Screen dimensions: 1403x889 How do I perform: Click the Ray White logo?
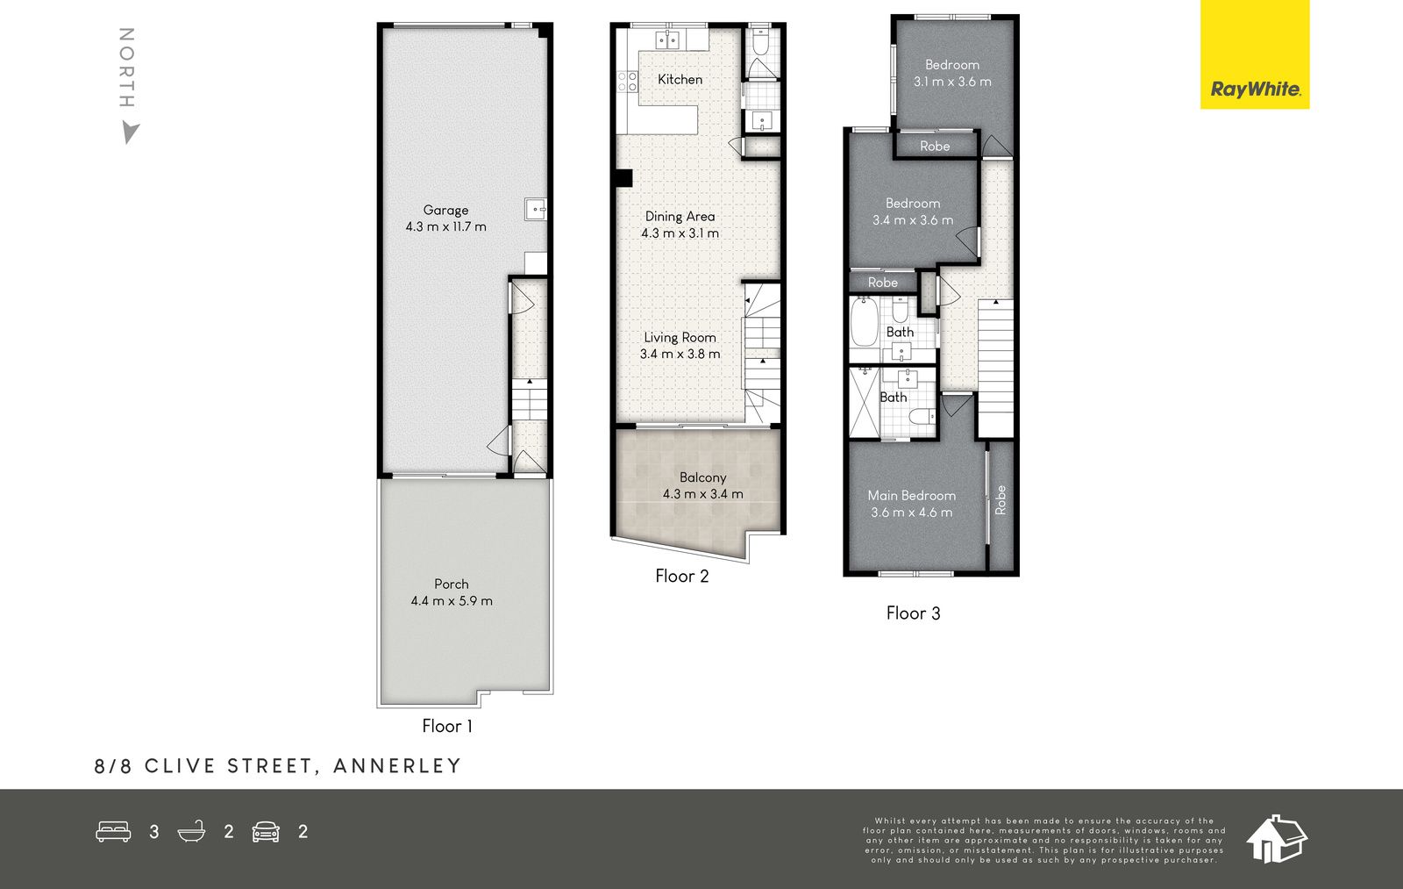[1255, 54]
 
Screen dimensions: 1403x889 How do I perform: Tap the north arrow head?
[130, 133]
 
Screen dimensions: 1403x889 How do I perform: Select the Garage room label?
[445, 210]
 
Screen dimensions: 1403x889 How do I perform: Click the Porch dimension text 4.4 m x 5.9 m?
[452, 600]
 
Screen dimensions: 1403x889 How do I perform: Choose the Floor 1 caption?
[447, 726]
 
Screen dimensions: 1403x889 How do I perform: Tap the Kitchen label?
[680, 80]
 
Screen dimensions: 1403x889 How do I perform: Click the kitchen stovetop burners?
[628, 82]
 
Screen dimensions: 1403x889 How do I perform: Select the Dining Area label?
[680, 216]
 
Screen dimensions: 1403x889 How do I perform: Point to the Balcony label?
[702, 477]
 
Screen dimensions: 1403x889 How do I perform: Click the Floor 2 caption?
[681, 577]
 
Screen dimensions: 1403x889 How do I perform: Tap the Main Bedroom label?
[911, 495]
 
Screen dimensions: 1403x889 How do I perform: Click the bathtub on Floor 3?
[864, 321]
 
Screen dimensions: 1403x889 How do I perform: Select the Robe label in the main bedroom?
[1001, 500]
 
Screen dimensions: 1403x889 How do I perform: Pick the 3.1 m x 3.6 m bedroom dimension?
[952, 82]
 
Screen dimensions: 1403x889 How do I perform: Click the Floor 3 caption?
[913, 613]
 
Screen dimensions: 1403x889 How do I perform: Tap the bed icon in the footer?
[113, 831]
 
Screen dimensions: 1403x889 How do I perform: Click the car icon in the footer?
[266, 831]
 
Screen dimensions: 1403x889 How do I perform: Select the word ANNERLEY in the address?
[398, 765]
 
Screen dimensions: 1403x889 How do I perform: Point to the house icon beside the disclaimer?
[1277, 839]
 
